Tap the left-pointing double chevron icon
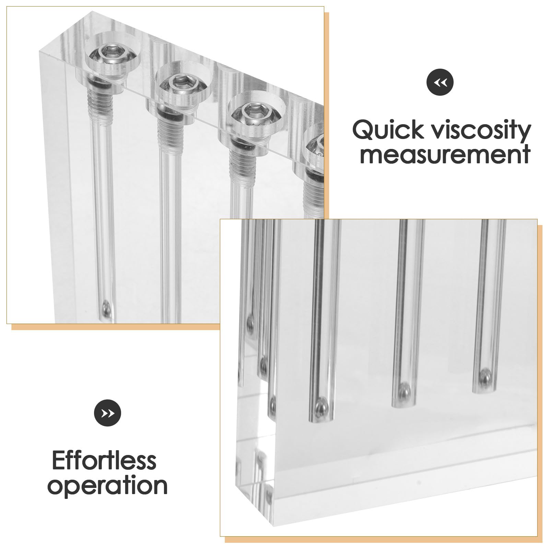click(x=440, y=82)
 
